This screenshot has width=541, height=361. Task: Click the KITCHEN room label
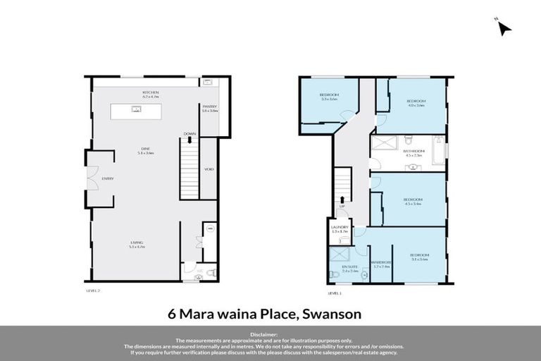[151, 92]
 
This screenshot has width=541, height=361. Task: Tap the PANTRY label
[210, 106]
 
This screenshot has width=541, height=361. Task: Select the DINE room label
[146, 148]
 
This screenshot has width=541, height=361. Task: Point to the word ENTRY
[108, 178]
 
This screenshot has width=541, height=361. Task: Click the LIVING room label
[137, 243]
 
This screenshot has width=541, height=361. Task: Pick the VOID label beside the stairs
[209, 169]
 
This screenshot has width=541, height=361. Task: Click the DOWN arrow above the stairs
[189, 138]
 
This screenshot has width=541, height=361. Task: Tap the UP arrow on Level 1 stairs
[342, 201]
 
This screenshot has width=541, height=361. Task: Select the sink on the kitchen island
[136, 109]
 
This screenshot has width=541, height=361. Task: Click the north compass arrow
[504, 28]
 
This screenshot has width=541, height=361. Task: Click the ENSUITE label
[350, 267]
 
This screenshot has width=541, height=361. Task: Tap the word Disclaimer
[270, 334]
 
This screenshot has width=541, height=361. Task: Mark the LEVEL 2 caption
[92, 289]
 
